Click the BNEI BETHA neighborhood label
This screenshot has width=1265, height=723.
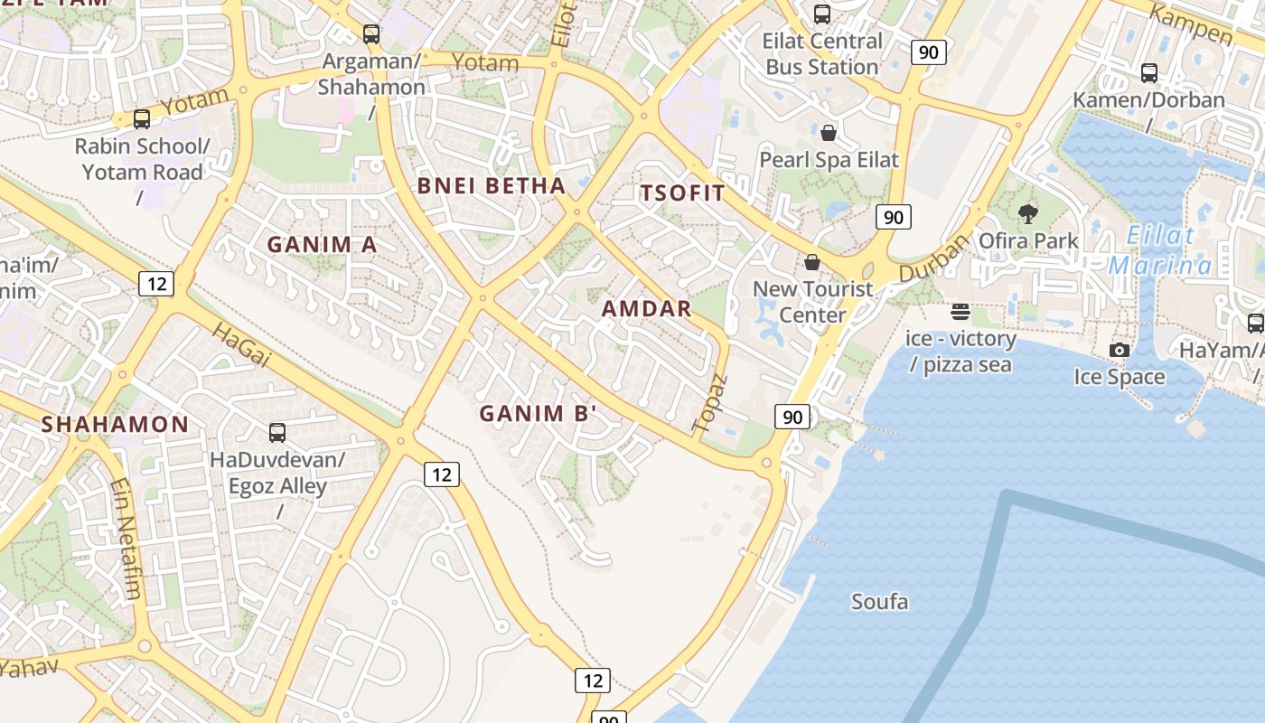coord(491,186)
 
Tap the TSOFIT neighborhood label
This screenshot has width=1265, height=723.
coord(682,192)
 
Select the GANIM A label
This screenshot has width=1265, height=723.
coord(322,244)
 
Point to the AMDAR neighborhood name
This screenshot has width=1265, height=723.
coord(646,308)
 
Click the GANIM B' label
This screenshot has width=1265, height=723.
coord(539,414)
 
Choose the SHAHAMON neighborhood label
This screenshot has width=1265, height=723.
coord(115,424)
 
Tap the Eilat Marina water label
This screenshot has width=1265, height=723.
coord(1161,251)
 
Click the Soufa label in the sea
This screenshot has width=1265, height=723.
coord(879,602)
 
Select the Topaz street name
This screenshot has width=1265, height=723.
coord(709,402)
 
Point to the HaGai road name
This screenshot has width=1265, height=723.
coord(241,344)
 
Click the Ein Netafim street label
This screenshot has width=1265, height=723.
coord(126,539)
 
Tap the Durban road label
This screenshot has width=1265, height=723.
coord(934,257)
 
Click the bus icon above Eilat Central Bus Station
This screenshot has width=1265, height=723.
coord(821,14)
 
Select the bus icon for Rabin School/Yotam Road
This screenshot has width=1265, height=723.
coord(141,119)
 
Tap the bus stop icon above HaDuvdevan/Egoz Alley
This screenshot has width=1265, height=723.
coord(277,433)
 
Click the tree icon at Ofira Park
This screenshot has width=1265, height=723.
coord(1027,214)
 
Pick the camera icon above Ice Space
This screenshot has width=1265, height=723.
coord(1120,350)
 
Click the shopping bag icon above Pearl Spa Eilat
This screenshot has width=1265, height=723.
coord(828,134)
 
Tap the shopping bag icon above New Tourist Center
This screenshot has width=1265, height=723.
coord(812,263)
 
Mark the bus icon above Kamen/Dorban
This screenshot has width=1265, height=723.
coord(1148,73)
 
